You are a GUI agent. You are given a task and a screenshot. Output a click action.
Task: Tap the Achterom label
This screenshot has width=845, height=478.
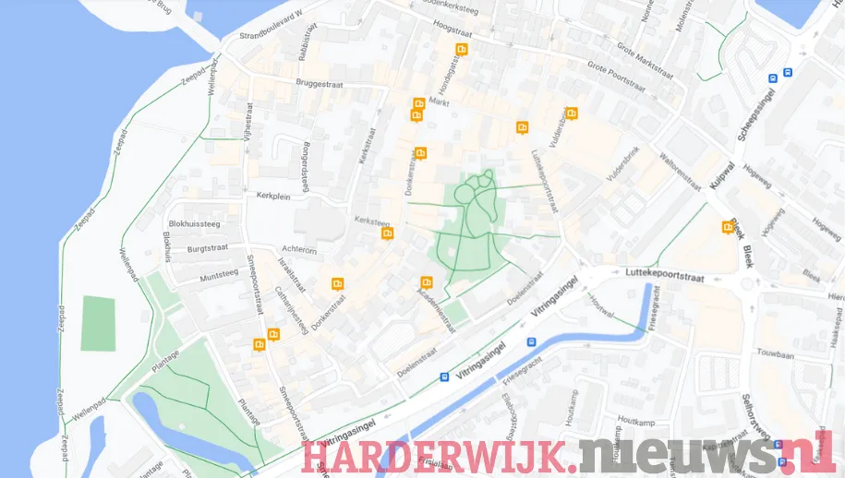click(x=299, y=250)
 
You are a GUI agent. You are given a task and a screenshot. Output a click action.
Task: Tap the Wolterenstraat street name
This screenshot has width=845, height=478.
click(x=682, y=164)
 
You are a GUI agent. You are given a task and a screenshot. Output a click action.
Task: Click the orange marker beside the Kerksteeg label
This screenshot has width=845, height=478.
click(x=388, y=233)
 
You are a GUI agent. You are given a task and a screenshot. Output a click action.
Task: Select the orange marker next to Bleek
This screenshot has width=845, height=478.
click(x=728, y=227)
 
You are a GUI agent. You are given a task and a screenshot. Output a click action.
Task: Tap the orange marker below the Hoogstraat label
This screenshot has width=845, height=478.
click(x=461, y=49)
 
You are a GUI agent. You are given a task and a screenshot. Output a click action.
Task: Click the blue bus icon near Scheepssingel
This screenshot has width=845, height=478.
click(x=787, y=72)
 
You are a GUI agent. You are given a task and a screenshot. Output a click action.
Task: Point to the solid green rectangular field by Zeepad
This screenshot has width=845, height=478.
click(x=99, y=323)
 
